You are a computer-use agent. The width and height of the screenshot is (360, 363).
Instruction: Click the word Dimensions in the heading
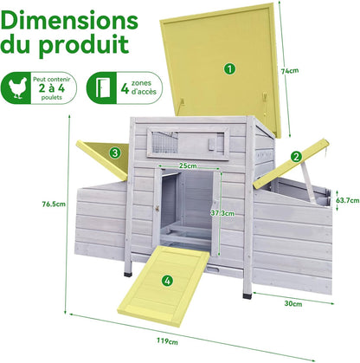(69, 21)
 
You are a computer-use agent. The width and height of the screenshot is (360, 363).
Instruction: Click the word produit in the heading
(84, 45)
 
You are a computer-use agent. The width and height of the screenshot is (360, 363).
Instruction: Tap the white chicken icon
(18, 88)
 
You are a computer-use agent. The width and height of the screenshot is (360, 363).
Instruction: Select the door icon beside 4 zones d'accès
(101, 88)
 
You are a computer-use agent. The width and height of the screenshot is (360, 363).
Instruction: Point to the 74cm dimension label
(290, 70)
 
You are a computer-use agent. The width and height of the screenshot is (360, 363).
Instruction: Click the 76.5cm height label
(54, 204)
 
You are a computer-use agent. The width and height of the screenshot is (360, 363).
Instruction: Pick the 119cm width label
(167, 341)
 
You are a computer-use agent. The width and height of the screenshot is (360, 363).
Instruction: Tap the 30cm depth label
(293, 303)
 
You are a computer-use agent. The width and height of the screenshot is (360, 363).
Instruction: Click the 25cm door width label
(188, 165)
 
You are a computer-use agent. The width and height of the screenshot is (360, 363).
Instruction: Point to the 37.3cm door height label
(222, 213)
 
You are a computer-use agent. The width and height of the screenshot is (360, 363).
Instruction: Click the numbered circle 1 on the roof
(229, 69)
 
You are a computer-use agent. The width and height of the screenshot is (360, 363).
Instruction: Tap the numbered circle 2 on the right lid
(296, 157)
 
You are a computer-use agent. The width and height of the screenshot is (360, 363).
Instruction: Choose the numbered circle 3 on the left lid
(115, 152)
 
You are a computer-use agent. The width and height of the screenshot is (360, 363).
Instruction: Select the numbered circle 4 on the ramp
(168, 280)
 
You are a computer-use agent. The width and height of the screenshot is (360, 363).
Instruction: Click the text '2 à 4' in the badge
(52, 88)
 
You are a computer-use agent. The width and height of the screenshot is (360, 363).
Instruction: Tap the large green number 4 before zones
(125, 88)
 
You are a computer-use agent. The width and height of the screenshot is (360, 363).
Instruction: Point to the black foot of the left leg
(127, 274)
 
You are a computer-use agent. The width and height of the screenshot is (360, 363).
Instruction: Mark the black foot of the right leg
(247, 295)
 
